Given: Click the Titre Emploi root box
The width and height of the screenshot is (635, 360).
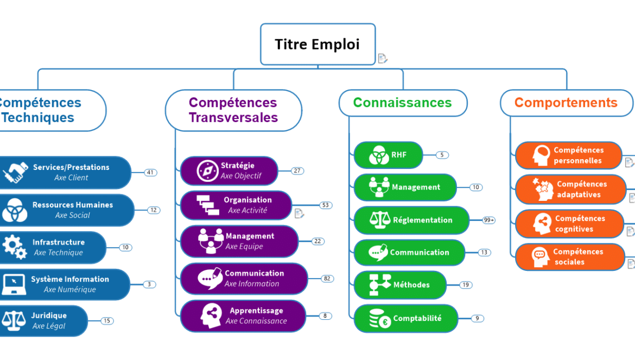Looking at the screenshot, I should tap(317, 44).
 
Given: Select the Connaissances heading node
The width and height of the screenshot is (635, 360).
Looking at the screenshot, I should tap(402, 103).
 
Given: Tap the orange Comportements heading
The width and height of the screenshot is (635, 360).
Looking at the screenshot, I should tap(566, 103).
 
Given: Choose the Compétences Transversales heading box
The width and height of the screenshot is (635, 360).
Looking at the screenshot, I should tap(233, 110).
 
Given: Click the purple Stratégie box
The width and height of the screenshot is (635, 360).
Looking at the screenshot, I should tap(228, 170).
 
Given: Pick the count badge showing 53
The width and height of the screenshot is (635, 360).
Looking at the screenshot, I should tap(326, 205).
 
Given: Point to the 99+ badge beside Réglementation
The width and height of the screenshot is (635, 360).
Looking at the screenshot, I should tap(488, 220).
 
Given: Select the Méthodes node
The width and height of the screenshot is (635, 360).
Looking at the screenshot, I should tap(399, 285).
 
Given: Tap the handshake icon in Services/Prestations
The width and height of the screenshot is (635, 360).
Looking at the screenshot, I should tap(15, 173).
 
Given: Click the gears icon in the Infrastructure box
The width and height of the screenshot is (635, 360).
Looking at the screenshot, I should tap(14, 247).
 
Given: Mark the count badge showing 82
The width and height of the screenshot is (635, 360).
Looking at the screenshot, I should tap(327, 279).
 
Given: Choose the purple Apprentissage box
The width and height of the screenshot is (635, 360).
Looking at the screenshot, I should tap(243, 316).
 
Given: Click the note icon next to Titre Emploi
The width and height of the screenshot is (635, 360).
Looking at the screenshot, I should tap(383, 58).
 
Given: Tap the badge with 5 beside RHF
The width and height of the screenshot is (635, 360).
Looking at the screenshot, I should tap(442, 155).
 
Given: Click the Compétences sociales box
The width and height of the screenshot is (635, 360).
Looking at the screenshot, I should tap(569, 257).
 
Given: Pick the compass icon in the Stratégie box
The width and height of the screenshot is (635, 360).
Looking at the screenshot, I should tap(207, 170).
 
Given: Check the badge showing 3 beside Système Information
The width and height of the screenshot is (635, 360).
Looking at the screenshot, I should tap(149, 284).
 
